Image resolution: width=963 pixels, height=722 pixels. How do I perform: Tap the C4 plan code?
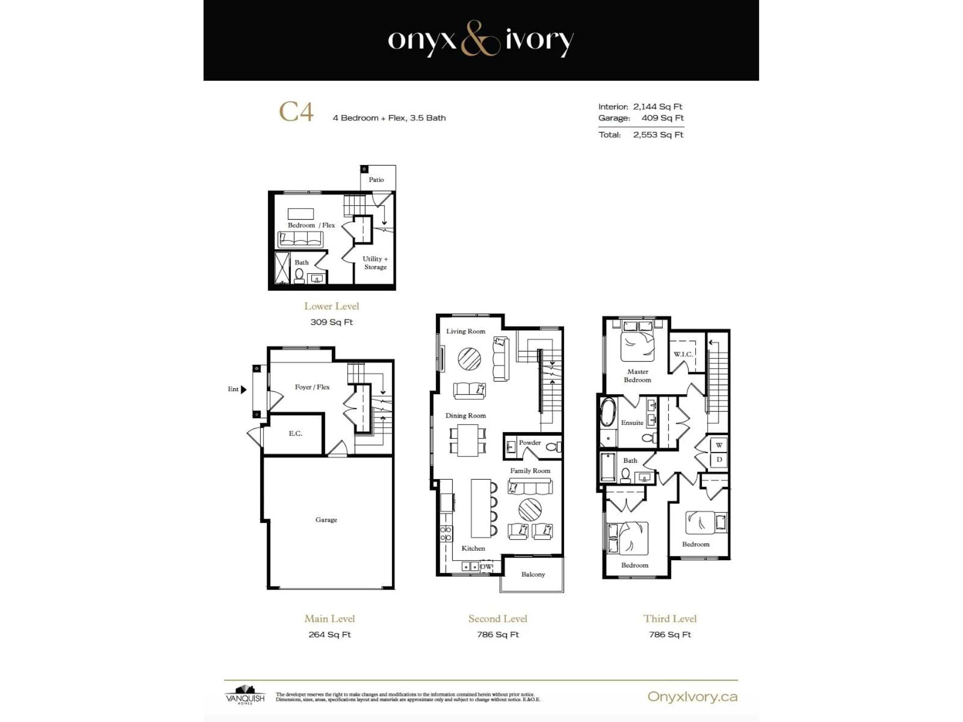coord(296,112)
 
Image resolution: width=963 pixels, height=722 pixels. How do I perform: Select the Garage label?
coord(326,520)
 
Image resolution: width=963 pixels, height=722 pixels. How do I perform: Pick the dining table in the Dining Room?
coord(467,440)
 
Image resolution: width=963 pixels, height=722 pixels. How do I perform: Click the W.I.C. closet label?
coord(683,354)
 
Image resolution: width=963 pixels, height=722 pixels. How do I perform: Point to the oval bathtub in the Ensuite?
coord(608,412)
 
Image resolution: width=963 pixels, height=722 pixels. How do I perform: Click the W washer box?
coord(719,445)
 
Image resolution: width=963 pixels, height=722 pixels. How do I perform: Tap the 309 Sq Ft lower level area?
coord(331,322)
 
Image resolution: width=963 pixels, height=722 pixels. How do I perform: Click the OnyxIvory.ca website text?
coord(692,697)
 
